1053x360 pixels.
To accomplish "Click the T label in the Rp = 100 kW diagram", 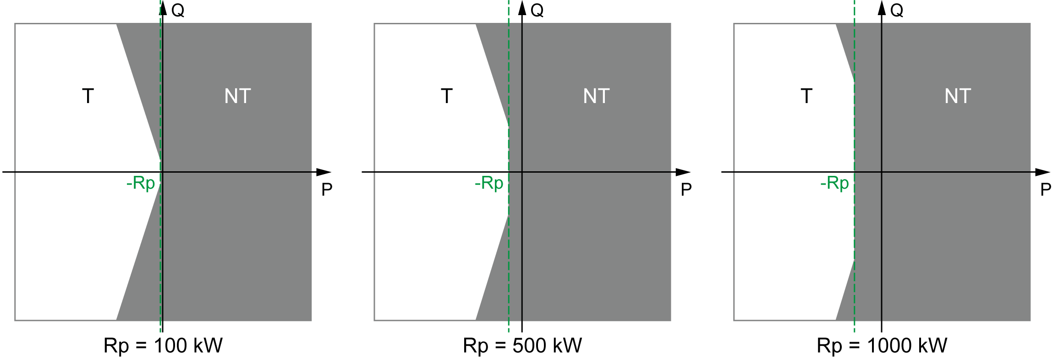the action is [x=88, y=96].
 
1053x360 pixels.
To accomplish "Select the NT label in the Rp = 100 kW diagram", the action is [x=237, y=96].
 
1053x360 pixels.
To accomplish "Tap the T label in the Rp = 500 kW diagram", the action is [x=447, y=96].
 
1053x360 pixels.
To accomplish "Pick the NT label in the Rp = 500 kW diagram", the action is [x=596, y=96].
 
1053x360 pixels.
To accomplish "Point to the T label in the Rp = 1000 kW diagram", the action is [x=806, y=96].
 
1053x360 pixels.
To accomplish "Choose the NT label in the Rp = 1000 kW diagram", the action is [x=958, y=96].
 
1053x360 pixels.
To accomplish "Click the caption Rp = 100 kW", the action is [x=163, y=346].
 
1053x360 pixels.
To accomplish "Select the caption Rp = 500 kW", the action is [x=522, y=346].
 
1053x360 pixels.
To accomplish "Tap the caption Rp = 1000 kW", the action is [x=882, y=346].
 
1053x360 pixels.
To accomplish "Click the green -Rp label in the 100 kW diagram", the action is [x=141, y=184].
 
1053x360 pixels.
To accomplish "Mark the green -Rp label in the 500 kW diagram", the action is [x=489, y=184].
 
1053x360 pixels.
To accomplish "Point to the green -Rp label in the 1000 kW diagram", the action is [x=834, y=184].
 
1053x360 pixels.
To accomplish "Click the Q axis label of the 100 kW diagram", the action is [x=178, y=10].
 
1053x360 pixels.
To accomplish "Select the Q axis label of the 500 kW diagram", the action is [x=537, y=10].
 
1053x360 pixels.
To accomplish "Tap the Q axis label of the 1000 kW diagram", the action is [x=897, y=10].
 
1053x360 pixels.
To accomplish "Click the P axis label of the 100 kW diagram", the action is [x=327, y=189].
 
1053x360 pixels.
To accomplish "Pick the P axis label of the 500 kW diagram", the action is [x=686, y=189].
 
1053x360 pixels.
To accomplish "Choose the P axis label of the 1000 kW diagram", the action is [x=1046, y=189].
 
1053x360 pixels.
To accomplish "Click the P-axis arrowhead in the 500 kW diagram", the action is [x=683, y=172].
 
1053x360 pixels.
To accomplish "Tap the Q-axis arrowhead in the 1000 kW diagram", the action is [x=882, y=8].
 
